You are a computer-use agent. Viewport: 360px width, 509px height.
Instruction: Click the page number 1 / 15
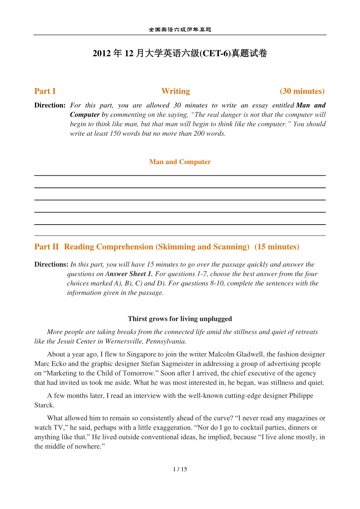[x=180, y=469]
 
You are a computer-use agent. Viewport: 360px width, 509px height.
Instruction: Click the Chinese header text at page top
[x=180, y=30]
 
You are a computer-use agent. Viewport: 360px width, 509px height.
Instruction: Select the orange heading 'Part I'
[x=45, y=91]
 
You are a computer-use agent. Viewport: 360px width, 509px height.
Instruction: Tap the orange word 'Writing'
[x=176, y=91]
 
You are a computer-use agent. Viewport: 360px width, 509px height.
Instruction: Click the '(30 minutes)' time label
[x=302, y=91]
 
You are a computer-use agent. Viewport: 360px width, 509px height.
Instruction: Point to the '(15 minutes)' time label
[x=277, y=247]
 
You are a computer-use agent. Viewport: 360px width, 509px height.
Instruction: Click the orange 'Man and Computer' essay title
[x=180, y=162]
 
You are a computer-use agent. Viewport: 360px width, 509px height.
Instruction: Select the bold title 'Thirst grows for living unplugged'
[x=180, y=319]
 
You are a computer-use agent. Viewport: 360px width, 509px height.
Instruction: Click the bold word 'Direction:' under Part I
[x=50, y=105]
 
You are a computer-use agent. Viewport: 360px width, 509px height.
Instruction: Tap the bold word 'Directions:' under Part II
[x=51, y=264]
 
